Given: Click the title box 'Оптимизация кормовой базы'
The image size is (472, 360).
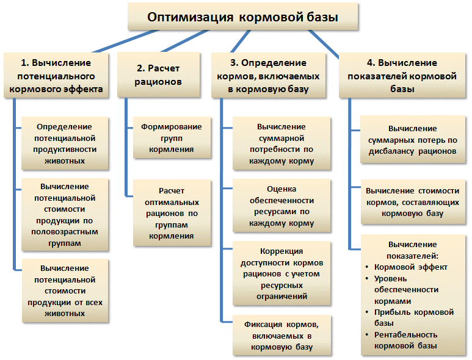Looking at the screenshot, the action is pyautogui.click(x=242, y=16).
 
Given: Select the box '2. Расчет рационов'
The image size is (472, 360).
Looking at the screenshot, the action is pyautogui.click(x=158, y=75).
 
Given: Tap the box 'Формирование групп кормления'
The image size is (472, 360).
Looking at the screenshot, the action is pyautogui.click(x=172, y=138).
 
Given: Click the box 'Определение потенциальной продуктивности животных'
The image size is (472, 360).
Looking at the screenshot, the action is pyautogui.click(x=65, y=143).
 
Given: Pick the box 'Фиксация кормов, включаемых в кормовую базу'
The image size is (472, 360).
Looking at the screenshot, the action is pyautogui.click(x=281, y=336).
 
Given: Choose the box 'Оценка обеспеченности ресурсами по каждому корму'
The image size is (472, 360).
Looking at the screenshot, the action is pyautogui.click(x=281, y=206).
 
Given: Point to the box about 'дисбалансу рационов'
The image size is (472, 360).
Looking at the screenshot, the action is pyautogui.click(x=413, y=140).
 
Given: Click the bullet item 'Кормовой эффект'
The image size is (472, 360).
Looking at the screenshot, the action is pyautogui.click(x=410, y=267).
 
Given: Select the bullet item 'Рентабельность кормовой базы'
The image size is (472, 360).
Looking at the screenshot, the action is pyautogui.click(x=406, y=340).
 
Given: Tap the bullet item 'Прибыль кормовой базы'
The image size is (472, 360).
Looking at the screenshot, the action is pyautogui.click(x=414, y=318).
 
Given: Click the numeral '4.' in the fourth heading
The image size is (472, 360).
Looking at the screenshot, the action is pyautogui.click(x=371, y=63).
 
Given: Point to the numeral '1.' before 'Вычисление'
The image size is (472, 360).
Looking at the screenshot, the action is pyautogui.click(x=25, y=63).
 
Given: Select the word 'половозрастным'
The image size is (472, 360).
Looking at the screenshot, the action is pyautogui.click(x=65, y=232).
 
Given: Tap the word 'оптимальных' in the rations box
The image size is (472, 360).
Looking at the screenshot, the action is pyautogui.click(x=172, y=203).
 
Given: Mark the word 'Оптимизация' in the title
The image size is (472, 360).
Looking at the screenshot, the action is pyautogui.click(x=191, y=17).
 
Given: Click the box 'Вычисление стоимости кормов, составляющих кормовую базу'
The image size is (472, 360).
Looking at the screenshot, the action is pyautogui.click(x=413, y=202).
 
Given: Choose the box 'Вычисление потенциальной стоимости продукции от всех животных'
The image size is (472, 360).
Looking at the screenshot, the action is pyautogui.click(x=65, y=291).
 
